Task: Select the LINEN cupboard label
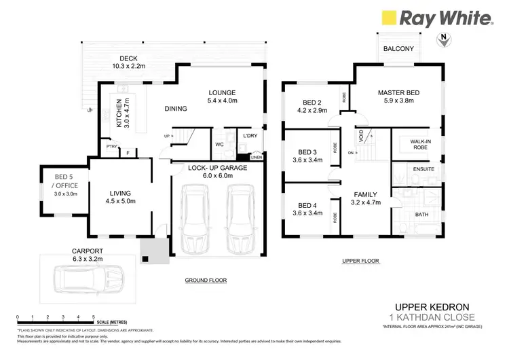pyautogui.click(x=256, y=158)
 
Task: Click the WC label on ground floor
pyautogui.click(x=219, y=144)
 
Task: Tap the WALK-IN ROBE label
pyautogui.click(x=415, y=143)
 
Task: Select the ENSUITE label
pyautogui.click(x=415, y=168)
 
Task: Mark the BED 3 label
pyautogui.click(x=308, y=156)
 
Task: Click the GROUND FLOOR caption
pyautogui.click(x=206, y=281)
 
